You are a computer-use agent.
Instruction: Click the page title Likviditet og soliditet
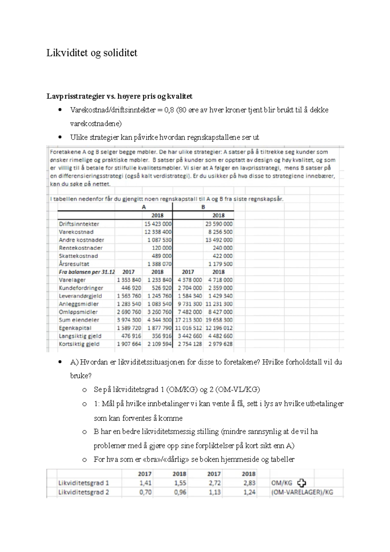pos(92,53)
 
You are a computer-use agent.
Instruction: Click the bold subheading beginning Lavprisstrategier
pos(119,96)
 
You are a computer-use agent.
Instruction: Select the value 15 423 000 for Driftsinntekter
pos(158,224)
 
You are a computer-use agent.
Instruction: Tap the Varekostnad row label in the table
pos(76,232)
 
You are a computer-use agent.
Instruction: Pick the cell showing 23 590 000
pos(219,224)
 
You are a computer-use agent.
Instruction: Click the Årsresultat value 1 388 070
pos(159,264)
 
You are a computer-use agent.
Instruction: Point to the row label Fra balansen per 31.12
pos(86,272)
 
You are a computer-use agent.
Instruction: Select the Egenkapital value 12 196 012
pos(219,328)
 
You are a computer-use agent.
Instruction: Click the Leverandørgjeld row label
pos(80,296)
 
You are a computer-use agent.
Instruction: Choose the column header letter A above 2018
pos(144,207)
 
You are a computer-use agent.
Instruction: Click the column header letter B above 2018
pos(203,207)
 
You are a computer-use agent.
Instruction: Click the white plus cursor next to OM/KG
pos(302,483)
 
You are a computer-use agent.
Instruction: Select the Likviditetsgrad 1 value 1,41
pos(145,483)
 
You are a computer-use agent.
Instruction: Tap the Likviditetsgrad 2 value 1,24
pos(249,492)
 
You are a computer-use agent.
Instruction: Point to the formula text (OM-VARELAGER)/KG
pos(302,492)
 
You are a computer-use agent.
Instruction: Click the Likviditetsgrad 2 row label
pos(84,492)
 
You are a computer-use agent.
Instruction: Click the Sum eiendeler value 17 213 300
pos(188,320)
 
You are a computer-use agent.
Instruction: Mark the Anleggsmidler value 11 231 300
pos(219,304)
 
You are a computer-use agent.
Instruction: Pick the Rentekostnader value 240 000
pos(223,248)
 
